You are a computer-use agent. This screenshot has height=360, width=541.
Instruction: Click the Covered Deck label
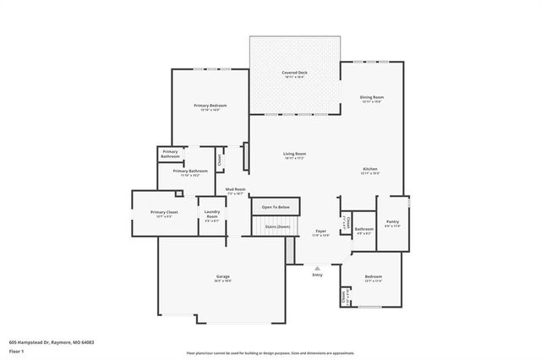pyautogui.click(x=294, y=74)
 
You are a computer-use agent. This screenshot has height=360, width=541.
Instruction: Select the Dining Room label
pyautogui.click(x=371, y=97)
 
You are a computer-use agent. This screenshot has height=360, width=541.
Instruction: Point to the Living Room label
pyautogui.click(x=294, y=154)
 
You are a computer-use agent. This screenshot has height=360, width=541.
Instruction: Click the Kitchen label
pyautogui.click(x=370, y=169)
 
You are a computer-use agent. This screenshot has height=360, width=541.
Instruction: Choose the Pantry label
pyautogui.click(x=392, y=222)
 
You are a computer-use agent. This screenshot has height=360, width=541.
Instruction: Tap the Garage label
pyautogui.click(x=223, y=276)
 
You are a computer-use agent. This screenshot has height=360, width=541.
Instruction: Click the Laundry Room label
pyautogui.click(x=212, y=215)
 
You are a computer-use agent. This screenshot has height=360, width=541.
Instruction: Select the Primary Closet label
pyautogui.click(x=164, y=212)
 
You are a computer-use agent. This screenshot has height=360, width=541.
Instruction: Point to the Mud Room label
pyautogui.click(x=235, y=189)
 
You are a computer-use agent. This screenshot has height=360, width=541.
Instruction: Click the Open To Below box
pyautogui.click(x=276, y=207)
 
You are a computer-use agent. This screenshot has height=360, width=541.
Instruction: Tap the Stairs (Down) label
pyautogui.click(x=277, y=226)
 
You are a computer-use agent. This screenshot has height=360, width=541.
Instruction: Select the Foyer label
pyautogui.click(x=320, y=231)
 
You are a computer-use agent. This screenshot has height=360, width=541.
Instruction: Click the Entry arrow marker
pyautogui.click(x=318, y=267)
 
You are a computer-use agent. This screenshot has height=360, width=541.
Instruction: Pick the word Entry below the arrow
pyautogui.click(x=318, y=275)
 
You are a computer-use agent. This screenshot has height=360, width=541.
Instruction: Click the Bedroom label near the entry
pyautogui.click(x=373, y=276)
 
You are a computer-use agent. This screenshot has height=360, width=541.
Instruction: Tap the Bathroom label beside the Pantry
pyautogui.click(x=364, y=229)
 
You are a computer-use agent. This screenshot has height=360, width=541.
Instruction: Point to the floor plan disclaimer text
pyautogui.click(x=270, y=352)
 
